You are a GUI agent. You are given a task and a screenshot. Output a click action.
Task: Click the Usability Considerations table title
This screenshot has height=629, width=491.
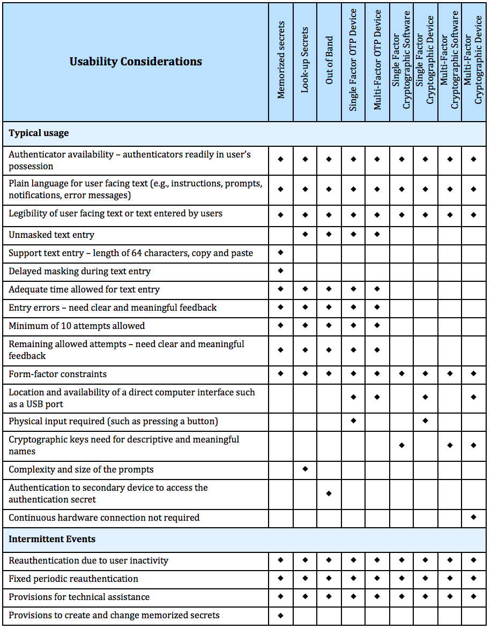tap(136, 62)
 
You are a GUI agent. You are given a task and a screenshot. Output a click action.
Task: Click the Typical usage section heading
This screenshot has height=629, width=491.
tap(39, 133)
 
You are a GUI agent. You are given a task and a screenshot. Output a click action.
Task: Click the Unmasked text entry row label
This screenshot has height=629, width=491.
tap(51, 235)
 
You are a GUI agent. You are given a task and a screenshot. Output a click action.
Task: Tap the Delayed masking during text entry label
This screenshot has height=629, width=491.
tap(79, 271)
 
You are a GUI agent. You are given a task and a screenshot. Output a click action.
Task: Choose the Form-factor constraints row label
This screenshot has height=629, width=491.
tap(57, 374)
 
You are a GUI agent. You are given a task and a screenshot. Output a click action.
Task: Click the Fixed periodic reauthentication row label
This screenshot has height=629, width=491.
tap(73, 579)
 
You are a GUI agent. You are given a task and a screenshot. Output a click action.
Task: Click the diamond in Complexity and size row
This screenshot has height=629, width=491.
tap(305, 469)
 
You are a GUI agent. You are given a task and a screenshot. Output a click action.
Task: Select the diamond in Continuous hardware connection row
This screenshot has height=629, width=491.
tap(473, 518)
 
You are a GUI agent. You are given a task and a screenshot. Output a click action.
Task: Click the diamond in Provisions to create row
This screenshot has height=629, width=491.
tap(281, 615)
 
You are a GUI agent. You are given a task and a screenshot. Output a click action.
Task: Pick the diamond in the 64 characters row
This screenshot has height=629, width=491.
tap(281, 253)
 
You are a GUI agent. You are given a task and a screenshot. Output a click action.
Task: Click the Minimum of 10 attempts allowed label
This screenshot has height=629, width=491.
tap(77, 326)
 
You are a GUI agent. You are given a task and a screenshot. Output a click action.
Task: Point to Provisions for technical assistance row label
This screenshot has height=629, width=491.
tap(79, 597)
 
